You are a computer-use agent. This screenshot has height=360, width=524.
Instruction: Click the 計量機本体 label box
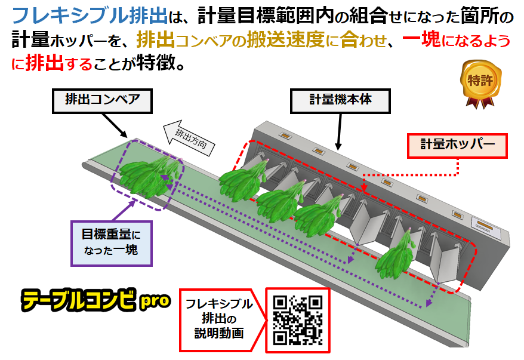pos(340,100)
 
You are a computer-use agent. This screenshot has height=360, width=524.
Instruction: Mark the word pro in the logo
pos(155,301)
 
